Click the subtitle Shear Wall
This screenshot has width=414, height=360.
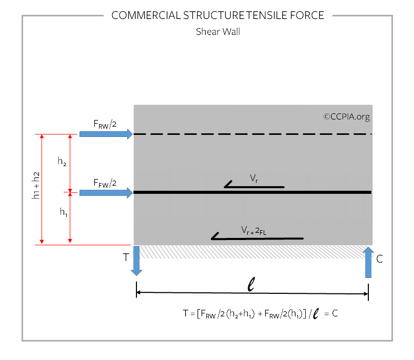(x=218, y=32)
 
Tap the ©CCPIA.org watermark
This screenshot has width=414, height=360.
(x=346, y=116)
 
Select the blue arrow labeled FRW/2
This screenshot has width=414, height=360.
(x=106, y=134)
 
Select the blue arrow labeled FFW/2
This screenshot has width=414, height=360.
(x=106, y=193)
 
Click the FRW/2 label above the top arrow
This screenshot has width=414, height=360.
(x=105, y=124)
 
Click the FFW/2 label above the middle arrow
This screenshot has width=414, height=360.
(x=105, y=183)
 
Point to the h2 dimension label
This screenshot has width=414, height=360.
(x=62, y=161)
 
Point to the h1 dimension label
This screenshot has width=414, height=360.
(x=64, y=212)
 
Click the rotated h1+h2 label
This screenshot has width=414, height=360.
(x=35, y=185)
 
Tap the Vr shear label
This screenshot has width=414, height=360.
(x=254, y=178)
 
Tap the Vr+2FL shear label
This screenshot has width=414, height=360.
(x=254, y=230)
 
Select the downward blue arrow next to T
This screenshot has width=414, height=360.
(x=136, y=261)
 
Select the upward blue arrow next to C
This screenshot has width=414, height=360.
(x=368, y=263)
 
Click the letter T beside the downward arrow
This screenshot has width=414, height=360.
(x=126, y=257)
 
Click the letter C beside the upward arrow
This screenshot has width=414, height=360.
(x=380, y=259)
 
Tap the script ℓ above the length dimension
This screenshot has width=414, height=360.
(x=251, y=284)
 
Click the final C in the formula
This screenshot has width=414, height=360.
(x=335, y=313)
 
